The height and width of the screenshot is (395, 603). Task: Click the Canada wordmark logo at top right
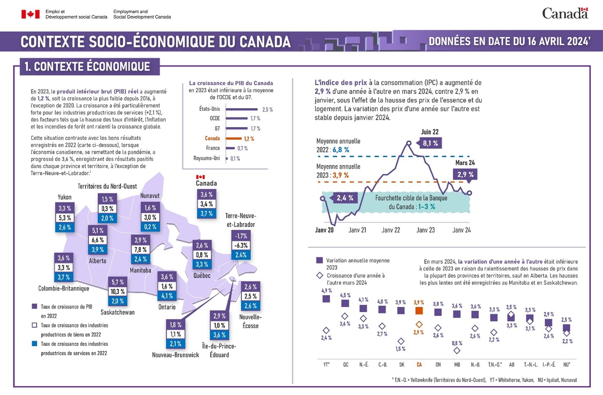[565, 13]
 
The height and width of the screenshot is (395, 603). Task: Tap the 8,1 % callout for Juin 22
[430, 143]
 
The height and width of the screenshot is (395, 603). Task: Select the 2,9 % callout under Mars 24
[465, 175]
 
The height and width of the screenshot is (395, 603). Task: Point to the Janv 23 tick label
[425, 230]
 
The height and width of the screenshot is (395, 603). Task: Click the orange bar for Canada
[234, 139]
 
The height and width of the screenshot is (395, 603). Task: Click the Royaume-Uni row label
[207, 159]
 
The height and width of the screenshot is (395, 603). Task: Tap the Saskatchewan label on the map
[117, 312]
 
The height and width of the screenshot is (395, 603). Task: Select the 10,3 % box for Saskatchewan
[118, 292]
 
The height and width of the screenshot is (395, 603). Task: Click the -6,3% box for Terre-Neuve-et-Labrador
[241, 245]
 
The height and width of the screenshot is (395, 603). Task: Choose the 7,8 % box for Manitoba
[140, 250]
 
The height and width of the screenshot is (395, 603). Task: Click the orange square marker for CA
[419, 311]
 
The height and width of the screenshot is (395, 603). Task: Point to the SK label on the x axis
[401, 365]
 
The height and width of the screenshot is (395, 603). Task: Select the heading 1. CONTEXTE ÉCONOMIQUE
[87, 67]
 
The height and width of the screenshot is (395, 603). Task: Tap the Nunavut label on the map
[150, 196]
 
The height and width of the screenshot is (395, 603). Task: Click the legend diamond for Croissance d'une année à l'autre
[320, 276]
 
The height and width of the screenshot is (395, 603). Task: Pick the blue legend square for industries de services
[35, 344]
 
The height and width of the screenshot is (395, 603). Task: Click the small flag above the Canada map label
[200, 177]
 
